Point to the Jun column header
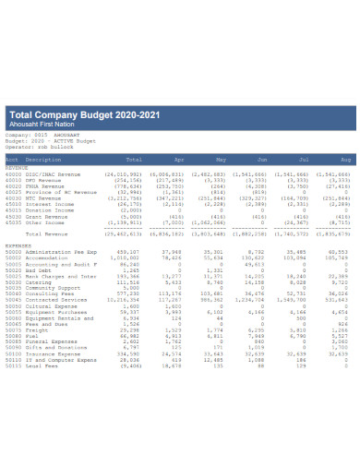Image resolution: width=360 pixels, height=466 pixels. pos(261,159)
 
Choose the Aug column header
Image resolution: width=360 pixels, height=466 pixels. pos(345,159)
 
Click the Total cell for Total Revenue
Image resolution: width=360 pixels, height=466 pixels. pos(121,234)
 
